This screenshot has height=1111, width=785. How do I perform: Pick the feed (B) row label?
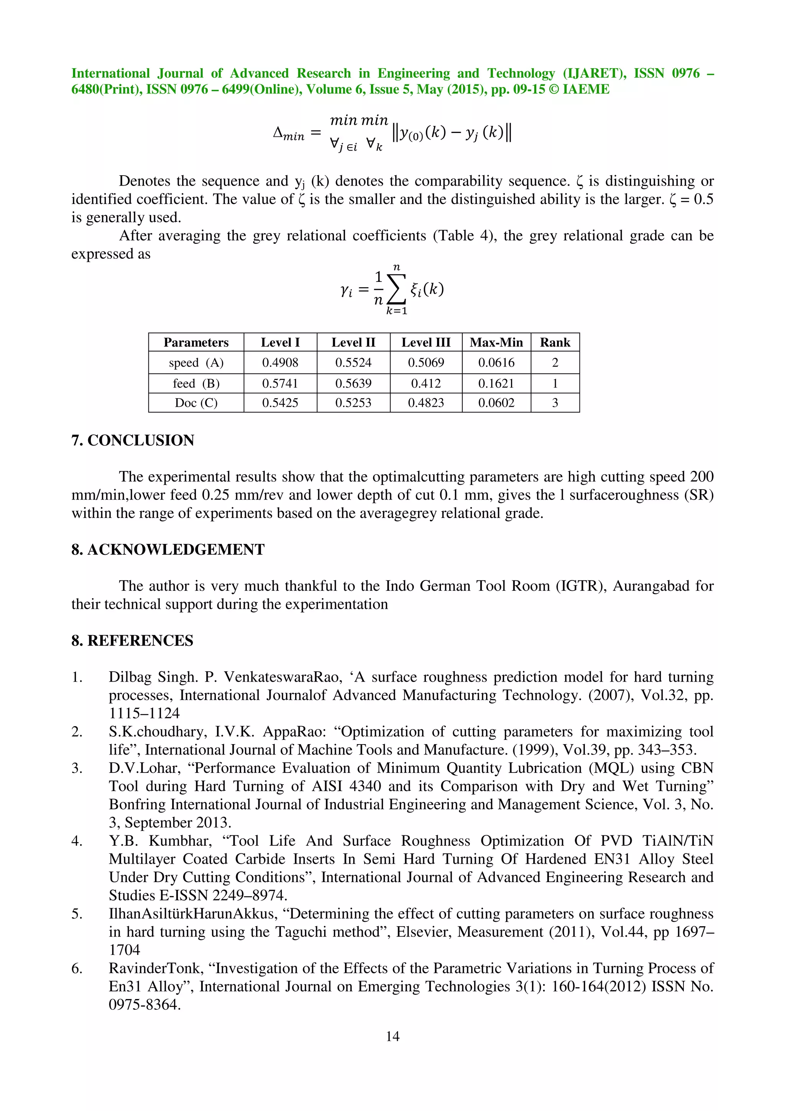point(196,383)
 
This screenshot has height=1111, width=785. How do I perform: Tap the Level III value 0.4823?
point(425,403)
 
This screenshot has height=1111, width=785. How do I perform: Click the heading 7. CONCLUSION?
point(133,440)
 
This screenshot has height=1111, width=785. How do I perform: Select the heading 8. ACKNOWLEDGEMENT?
point(168,549)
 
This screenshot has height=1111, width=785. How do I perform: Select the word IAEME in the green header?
point(586,90)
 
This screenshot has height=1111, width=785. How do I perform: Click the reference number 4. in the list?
point(77,841)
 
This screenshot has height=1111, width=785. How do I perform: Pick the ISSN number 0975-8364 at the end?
point(144,1005)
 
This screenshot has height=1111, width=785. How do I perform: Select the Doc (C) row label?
point(196,403)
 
